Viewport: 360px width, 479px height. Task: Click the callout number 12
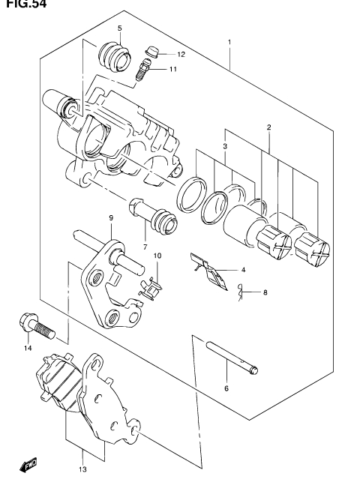(x=181, y=55)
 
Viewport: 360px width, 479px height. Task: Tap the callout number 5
(x=120, y=28)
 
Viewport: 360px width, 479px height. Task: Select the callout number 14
(x=28, y=348)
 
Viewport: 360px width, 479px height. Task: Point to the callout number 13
(x=82, y=469)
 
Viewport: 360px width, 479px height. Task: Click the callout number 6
(x=226, y=388)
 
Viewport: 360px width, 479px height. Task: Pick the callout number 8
(x=265, y=292)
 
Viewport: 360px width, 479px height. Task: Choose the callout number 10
(x=157, y=256)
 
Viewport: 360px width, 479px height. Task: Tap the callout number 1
(x=229, y=42)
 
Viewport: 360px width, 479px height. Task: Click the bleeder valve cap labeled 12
(x=151, y=51)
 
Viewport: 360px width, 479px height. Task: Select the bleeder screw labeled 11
(x=142, y=70)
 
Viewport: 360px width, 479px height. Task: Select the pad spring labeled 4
(x=209, y=271)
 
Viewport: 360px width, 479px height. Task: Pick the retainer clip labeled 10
(x=151, y=289)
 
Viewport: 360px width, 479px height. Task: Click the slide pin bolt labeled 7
(x=153, y=216)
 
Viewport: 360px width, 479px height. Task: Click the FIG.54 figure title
(x=26, y=4)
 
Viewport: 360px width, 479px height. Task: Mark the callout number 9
(x=111, y=218)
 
